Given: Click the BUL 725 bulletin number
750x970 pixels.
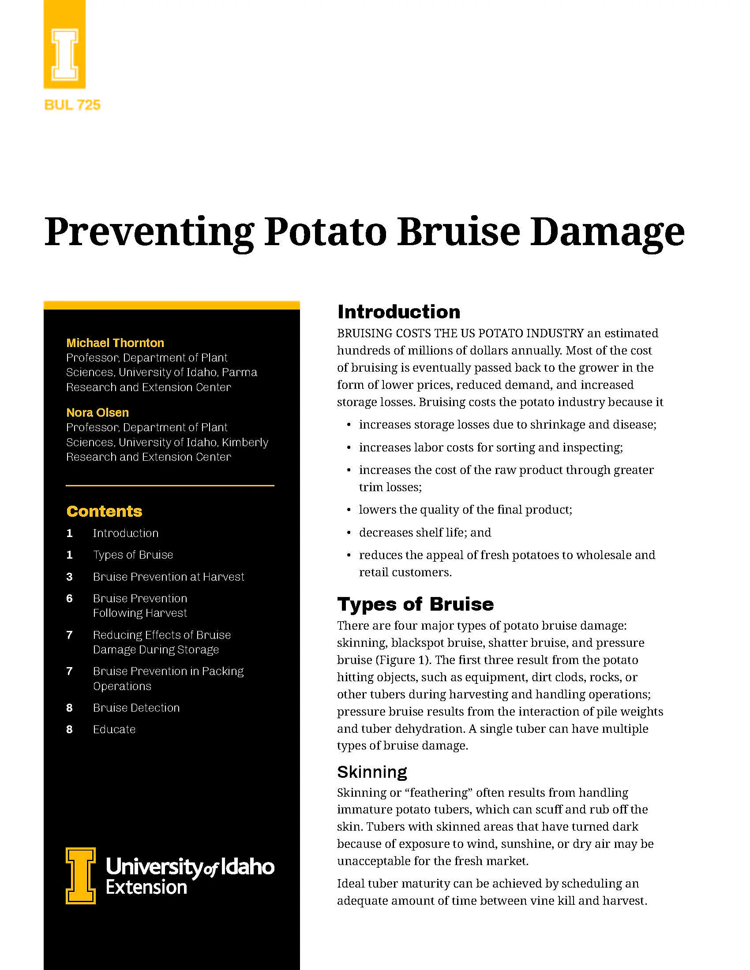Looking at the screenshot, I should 72,105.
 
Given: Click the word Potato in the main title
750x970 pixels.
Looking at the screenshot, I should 325,232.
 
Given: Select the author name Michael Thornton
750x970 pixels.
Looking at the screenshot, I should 115,343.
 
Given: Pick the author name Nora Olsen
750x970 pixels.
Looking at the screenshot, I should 97,413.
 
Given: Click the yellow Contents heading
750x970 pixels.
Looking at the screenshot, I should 105,511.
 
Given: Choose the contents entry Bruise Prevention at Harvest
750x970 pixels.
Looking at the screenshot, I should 169,577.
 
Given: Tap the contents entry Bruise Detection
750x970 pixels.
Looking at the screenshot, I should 136,708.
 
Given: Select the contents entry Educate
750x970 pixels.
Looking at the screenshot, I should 114,729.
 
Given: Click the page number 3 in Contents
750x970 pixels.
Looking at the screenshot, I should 69,577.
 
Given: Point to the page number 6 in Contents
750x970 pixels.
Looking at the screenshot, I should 69,598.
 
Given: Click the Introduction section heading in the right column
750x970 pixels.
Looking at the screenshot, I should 398,312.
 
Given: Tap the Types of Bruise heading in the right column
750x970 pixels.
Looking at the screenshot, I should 416,604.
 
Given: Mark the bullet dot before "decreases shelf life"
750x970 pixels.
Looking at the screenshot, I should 349,533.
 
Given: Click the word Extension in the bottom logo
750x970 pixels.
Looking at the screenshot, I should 146,887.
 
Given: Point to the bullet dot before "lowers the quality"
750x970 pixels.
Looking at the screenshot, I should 349,510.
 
